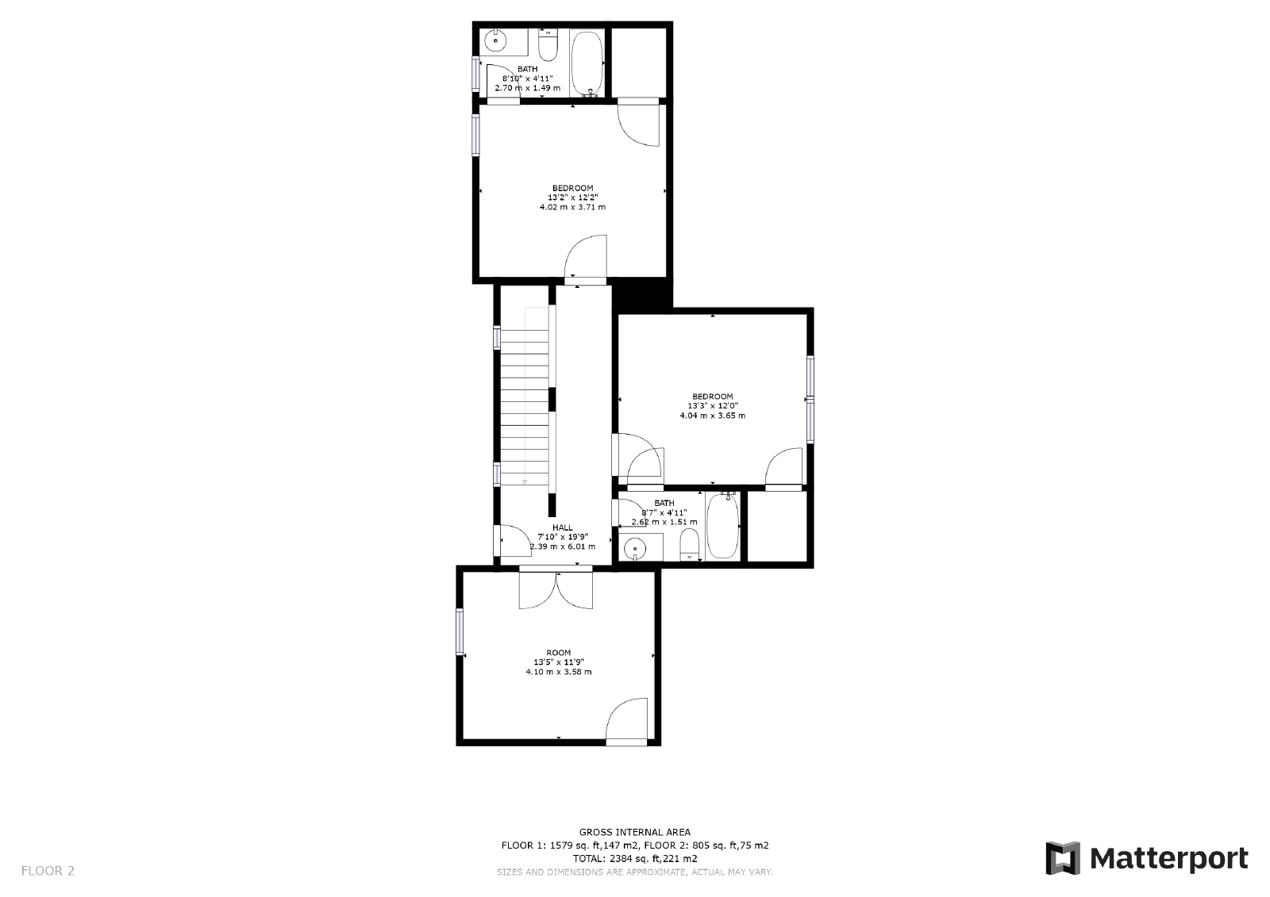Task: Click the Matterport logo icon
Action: tap(1063, 858)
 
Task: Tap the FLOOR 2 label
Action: tap(48, 871)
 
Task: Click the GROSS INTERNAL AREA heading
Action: tap(635, 832)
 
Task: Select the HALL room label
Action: tap(562, 527)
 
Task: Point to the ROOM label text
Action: tap(558, 653)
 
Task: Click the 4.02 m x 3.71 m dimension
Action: tap(572, 207)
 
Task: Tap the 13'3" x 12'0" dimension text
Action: tap(712, 406)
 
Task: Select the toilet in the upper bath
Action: tap(548, 45)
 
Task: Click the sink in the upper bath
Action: tap(496, 38)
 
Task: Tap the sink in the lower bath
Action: tap(635, 548)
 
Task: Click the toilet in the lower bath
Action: tap(690, 545)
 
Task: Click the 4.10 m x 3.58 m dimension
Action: tap(558, 672)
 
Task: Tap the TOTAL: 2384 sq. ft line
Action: tap(635, 858)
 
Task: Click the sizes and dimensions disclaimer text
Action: tap(635, 872)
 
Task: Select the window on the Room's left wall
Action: tap(460, 631)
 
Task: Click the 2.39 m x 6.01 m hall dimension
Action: tap(562, 546)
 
